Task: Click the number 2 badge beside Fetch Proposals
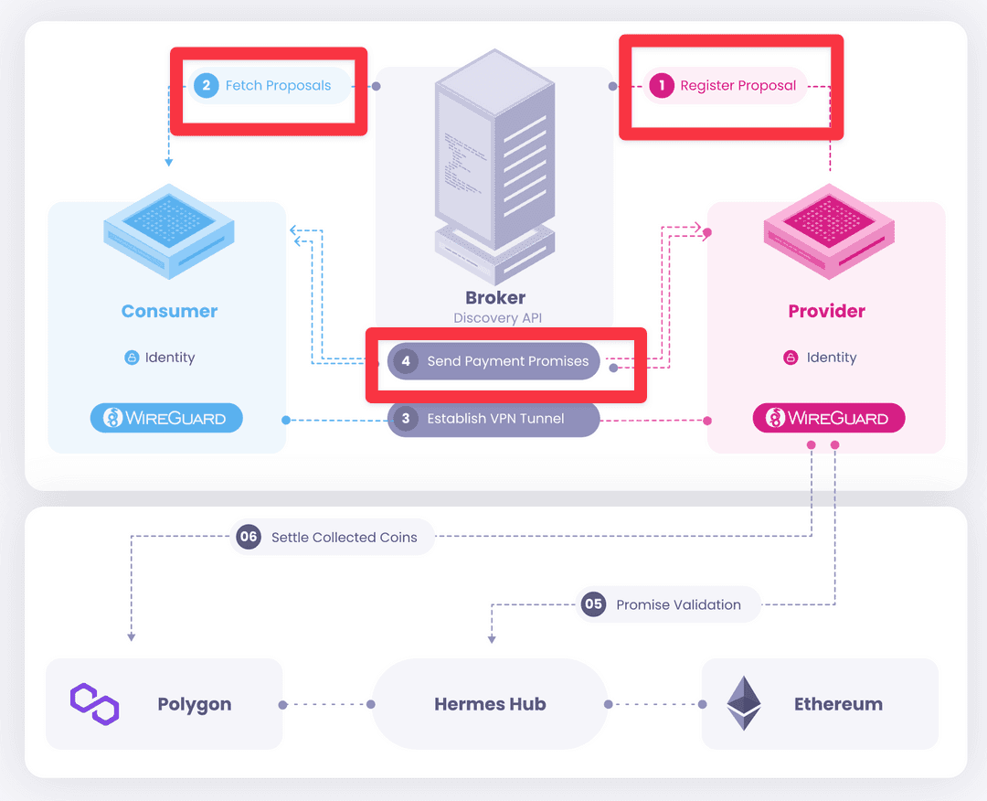coord(207,86)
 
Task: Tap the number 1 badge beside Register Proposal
coord(661,86)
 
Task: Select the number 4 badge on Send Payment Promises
coord(406,361)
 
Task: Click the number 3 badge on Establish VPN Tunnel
coord(406,419)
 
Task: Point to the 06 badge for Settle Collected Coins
coord(249,538)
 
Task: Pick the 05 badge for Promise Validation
coord(594,604)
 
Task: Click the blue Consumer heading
coord(170,311)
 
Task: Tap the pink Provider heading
coord(826,311)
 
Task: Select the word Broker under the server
coord(495,297)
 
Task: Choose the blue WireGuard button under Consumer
coord(166,419)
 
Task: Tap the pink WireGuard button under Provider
coord(828,419)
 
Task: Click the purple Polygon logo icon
coord(95,704)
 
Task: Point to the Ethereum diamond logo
coord(743,703)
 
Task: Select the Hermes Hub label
coord(490,704)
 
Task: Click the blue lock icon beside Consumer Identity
coord(132,358)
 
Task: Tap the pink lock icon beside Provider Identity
coord(791,358)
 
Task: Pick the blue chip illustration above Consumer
coord(169,233)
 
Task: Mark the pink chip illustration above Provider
coord(828,233)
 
